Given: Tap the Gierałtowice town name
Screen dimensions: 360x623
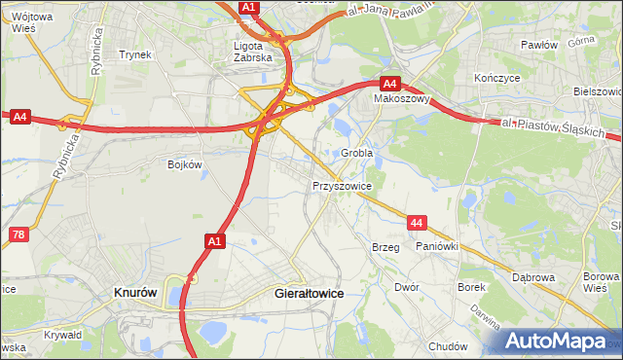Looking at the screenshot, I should [x=309, y=293].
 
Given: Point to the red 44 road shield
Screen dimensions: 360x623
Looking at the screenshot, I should [x=418, y=224].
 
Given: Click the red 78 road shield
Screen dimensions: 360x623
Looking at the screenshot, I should [x=18, y=235].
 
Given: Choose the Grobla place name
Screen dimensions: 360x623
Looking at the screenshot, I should [x=356, y=154].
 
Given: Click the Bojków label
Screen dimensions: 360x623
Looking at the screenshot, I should [x=184, y=164].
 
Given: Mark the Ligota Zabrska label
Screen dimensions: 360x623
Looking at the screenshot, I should [x=257, y=51].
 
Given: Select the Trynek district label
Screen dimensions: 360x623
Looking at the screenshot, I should [x=135, y=54].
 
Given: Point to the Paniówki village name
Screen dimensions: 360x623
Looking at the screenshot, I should [x=436, y=247].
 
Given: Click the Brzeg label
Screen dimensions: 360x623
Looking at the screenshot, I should [x=385, y=248].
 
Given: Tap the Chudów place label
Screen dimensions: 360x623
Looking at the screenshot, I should [x=448, y=346].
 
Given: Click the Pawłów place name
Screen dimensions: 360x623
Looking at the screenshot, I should [x=538, y=45].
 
